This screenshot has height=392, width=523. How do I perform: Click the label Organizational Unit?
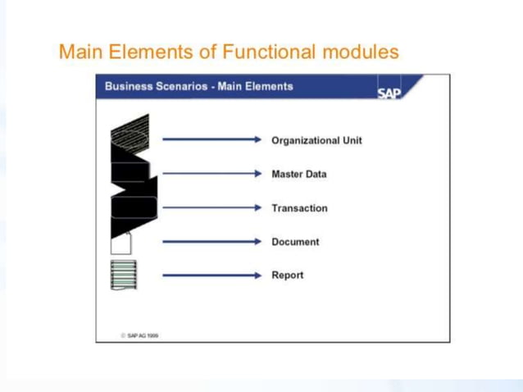[316, 140]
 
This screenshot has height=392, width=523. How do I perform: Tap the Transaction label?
[299, 208]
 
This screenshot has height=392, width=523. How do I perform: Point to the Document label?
[295, 242]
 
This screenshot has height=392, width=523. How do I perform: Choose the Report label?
[287, 276]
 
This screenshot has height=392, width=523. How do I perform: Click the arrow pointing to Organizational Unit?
[211, 140]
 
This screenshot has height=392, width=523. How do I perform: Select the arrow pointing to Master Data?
[211, 174]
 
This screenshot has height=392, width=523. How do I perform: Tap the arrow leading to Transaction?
[211, 207]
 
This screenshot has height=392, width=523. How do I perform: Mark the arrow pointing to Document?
[211, 242]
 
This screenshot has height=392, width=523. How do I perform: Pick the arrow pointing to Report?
[211, 276]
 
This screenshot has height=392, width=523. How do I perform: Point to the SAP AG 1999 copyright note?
[140, 335]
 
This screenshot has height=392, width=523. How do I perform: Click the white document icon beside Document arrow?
[121, 243]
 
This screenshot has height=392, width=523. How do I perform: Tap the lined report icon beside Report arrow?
[123, 275]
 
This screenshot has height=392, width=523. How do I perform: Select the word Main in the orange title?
[80, 52]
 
